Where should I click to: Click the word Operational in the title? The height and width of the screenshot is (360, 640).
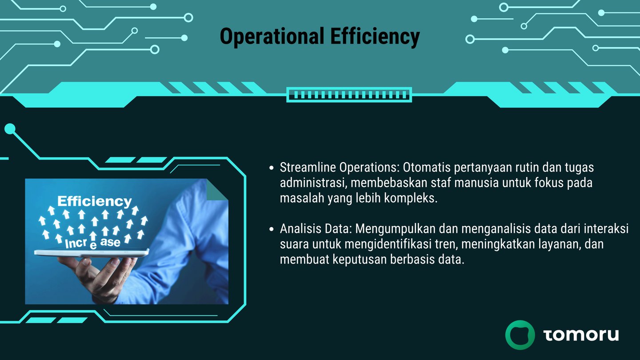(x=272, y=36)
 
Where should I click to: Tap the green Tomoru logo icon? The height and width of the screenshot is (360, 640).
(x=520, y=335)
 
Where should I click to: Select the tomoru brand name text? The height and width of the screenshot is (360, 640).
(x=581, y=335)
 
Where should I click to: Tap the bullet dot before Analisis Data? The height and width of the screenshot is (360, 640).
(x=272, y=229)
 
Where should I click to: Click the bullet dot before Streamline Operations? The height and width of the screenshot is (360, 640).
(x=272, y=168)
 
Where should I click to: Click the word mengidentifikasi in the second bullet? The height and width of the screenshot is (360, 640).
(x=388, y=244)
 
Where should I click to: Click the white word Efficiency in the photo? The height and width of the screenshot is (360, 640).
(x=95, y=202)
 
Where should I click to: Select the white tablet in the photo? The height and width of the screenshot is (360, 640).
(x=92, y=252)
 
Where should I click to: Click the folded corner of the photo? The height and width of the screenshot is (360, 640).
(x=217, y=190)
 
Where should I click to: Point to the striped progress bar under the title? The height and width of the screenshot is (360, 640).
(x=349, y=95)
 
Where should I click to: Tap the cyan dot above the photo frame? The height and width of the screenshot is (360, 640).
(x=10, y=129)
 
